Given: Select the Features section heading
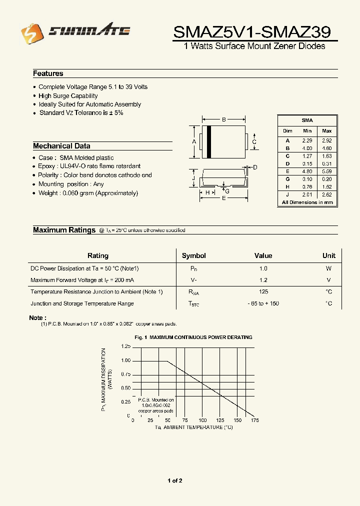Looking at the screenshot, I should (x=48, y=73).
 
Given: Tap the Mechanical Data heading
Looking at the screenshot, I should (x=61, y=146).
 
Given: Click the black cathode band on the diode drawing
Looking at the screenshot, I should (x=209, y=140).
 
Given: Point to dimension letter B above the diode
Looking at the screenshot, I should (x=224, y=119).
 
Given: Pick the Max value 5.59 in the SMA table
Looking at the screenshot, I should (x=326, y=171).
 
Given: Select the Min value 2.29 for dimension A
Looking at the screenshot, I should (x=307, y=140).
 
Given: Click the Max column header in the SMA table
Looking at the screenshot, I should (x=326, y=130).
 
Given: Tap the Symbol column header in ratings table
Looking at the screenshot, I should (x=193, y=255).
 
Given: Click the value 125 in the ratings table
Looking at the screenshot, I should (x=263, y=291).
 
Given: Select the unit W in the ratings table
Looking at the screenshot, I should (x=328, y=268).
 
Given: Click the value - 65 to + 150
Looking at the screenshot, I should (x=263, y=303).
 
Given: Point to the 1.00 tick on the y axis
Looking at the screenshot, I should (x=125, y=360).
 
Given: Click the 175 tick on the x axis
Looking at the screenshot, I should (x=255, y=420).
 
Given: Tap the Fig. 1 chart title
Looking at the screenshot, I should (x=193, y=337).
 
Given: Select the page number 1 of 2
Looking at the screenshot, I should (x=175, y=480).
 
